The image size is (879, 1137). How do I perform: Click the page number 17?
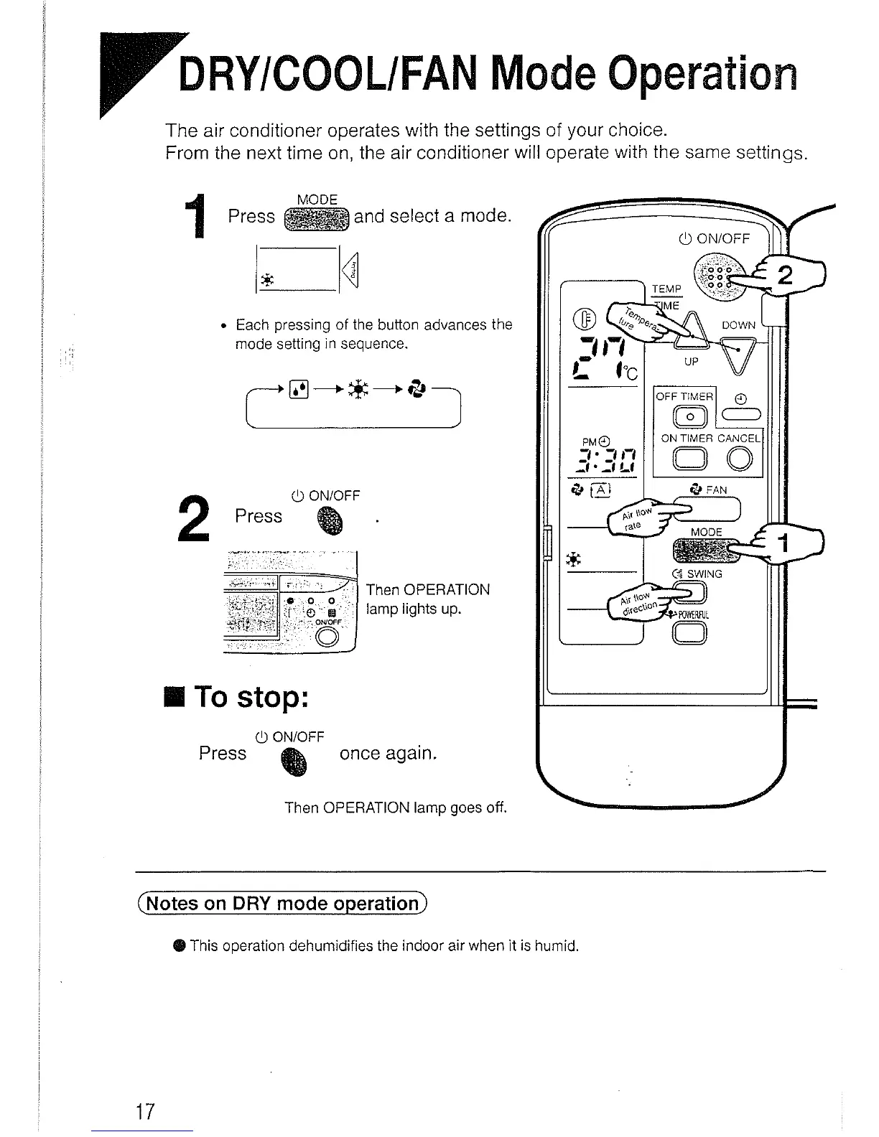coord(146,1111)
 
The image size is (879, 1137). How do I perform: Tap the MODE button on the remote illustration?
coord(700,551)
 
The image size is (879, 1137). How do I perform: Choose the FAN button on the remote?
coord(707,510)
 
